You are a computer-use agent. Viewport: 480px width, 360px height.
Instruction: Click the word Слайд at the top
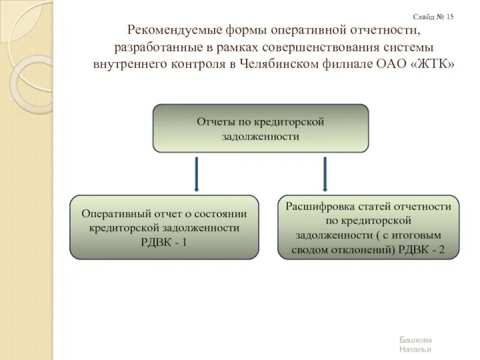click(x=424, y=17)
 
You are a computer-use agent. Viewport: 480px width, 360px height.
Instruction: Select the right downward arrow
click(x=325, y=174)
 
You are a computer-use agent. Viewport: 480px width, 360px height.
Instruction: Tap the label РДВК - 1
click(x=164, y=242)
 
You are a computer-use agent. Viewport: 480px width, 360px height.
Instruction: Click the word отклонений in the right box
click(x=367, y=250)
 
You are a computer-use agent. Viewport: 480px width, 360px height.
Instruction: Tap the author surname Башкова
click(x=415, y=340)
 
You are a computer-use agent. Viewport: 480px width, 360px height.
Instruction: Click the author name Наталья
click(x=415, y=349)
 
